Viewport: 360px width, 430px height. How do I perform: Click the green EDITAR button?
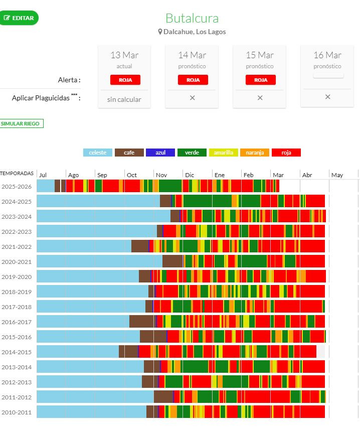coord(19,18)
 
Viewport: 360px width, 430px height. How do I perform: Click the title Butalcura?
coord(192,18)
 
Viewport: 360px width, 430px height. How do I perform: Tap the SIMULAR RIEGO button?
coord(22,123)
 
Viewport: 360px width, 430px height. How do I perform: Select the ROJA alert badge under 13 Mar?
coord(125,80)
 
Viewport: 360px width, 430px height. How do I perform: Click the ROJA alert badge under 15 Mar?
coord(260,80)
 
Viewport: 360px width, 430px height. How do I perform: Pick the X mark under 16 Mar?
coord(327,97)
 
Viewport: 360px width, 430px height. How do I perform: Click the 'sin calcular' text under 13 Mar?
coord(124,99)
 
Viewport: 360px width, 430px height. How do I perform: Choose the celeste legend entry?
coord(97,153)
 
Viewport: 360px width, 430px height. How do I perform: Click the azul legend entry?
coord(160,153)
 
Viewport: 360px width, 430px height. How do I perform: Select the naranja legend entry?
coord(254,153)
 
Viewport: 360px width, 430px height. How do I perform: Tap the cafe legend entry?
coord(129,153)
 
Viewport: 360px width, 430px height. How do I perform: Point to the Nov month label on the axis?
coord(161,175)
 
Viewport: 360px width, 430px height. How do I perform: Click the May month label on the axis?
coord(337,175)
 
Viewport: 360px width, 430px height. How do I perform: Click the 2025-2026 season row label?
coord(17,186)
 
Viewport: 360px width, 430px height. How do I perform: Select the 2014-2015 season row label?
coord(17,352)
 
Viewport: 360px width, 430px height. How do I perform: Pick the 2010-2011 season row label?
coord(17,412)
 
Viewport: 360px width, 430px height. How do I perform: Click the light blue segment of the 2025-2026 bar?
coord(45,186)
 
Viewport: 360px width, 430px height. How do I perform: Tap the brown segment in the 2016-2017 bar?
coord(142,321)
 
